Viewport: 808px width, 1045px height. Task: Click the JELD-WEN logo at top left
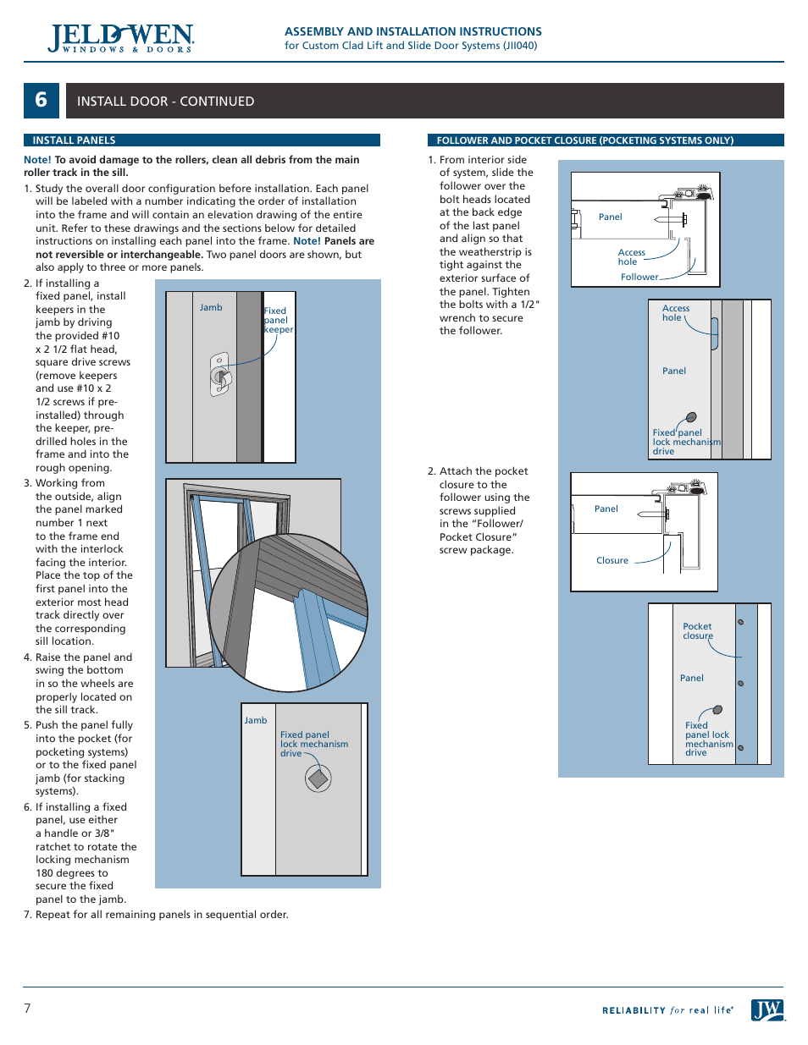tap(121, 38)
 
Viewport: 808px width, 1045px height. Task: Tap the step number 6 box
tap(41, 101)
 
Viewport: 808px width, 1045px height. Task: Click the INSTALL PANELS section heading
tap(74, 140)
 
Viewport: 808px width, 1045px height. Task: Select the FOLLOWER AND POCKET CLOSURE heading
tap(584, 140)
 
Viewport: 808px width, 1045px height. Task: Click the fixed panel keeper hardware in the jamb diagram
tap(219, 374)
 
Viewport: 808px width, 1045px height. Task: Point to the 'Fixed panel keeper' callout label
tap(278, 320)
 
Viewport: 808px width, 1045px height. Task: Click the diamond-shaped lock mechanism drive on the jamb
tap(318, 778)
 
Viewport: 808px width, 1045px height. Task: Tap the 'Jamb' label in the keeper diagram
tap(211, 307)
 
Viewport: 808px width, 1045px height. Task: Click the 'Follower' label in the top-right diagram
tap(639, 277)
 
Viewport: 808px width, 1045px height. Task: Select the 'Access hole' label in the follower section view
tap(631, 257)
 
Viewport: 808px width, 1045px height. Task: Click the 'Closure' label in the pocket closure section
tap(612, 560)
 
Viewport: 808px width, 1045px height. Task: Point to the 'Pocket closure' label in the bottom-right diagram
tap(698, 631)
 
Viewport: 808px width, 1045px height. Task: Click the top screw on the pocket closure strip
tap(740, 622)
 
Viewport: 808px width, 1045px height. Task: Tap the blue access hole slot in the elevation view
tap(714, 333)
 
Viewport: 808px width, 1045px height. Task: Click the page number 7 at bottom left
tap(27, 1008)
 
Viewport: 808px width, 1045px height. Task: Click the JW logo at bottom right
tap(766, 1009)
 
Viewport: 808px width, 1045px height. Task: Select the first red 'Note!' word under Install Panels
tap(37, 159)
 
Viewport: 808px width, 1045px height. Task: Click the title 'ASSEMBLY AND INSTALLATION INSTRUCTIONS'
tap(412, 31)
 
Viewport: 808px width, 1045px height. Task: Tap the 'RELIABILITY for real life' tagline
tap(667, 1010)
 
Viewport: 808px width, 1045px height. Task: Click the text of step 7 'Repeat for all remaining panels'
tap(161, 915)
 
